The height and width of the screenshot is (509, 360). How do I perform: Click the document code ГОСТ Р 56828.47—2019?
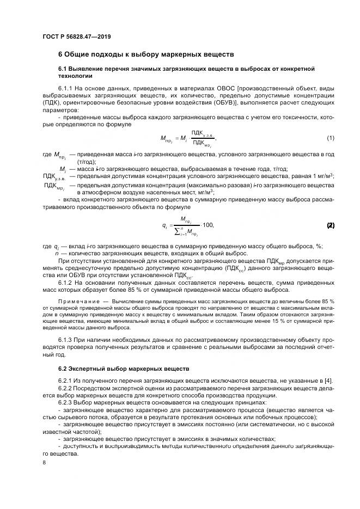coord(76,36)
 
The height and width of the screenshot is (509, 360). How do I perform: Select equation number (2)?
coord(330,225)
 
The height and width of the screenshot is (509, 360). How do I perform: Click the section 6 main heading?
coord(146,54)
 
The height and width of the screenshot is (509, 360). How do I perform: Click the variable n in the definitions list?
coord(57,254)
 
